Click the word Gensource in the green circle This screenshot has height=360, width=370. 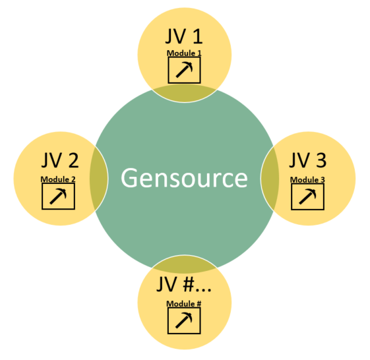[184, 178]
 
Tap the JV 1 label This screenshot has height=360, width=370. [184, 36]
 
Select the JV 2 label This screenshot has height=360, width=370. [60, 160]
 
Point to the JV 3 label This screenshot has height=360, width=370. [308, 160]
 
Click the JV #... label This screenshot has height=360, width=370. [183, 284]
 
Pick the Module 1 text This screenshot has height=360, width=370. [184, 53]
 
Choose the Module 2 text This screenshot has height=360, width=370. [58, 179]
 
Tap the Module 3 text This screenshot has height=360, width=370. [307, 180]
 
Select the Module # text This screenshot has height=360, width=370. [184, 304]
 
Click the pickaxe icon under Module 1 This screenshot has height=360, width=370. [184, 70]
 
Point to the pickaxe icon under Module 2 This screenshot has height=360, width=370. [58, 196]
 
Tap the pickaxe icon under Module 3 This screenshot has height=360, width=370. [307, 196]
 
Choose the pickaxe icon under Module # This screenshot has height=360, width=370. [184, 320]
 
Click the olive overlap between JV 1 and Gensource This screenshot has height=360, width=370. [185, 94]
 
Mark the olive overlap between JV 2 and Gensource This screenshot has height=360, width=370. [99, 178]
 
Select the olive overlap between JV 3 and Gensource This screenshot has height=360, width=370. [270, 178]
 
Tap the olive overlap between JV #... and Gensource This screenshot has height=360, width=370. [185, 262]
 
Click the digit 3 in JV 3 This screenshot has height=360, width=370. [321, 160]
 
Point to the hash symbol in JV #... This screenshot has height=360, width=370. [189, 284]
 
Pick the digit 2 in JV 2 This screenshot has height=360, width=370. [73, 160]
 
